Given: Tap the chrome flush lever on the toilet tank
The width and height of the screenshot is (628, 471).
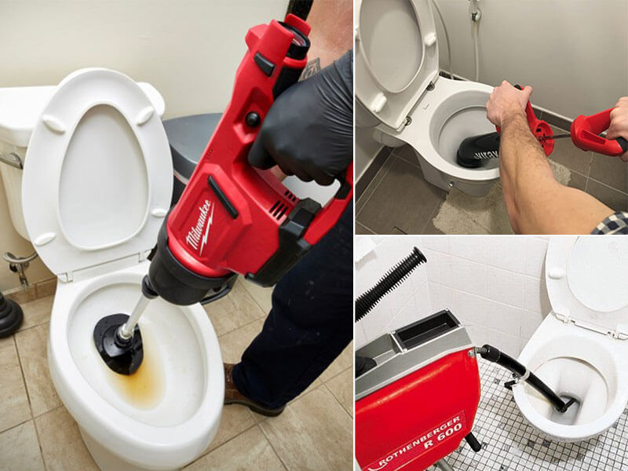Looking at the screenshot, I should [x=9, y=161].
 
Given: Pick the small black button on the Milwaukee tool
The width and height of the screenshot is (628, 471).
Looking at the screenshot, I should [x=253, y=119].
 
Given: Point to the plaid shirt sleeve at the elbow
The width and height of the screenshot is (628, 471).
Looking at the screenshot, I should [x=610, y=225].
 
